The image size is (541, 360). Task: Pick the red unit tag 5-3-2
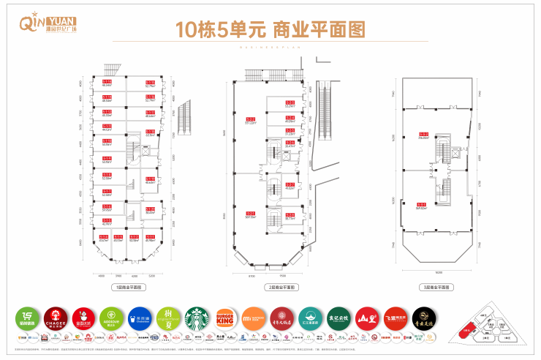tap(423, 133)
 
